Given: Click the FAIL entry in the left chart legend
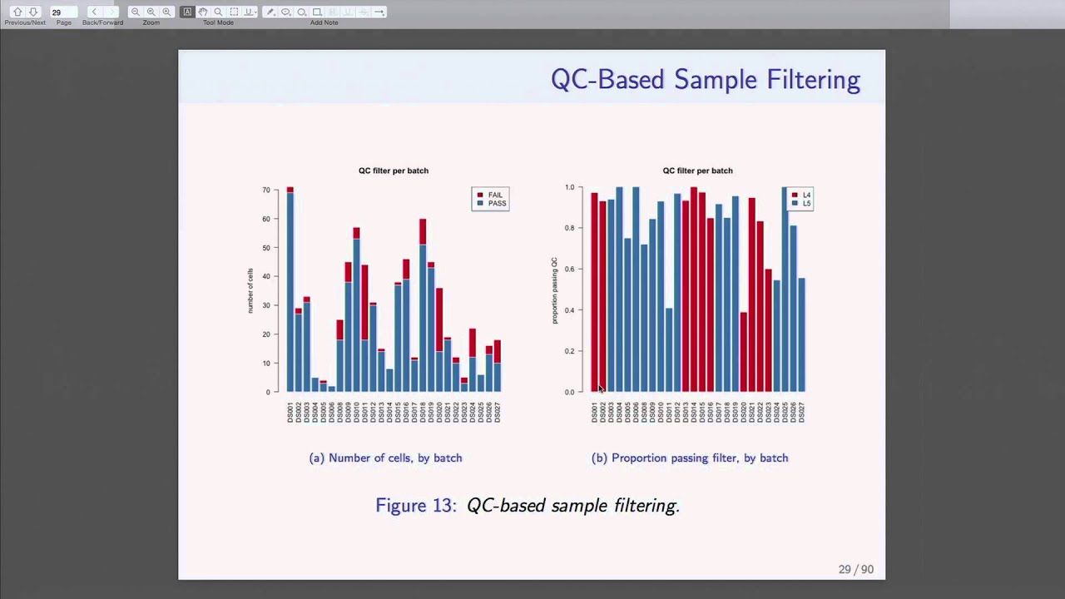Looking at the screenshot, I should point(495,195).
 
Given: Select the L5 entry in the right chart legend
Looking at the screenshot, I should point(806,204).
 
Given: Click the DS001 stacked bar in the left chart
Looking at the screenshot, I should point(290,291).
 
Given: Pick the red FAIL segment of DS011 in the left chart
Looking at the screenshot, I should point(365,302).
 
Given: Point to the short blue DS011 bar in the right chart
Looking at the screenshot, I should point(669,349).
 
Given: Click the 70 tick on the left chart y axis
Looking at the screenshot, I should point(266,191).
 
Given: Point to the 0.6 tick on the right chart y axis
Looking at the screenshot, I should point(570,269).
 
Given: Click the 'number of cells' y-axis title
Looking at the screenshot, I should point(250,290).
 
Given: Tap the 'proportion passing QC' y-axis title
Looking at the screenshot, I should point(555,290).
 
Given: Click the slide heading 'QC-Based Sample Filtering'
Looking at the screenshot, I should point(705,80).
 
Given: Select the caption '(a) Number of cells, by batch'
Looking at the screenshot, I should point(385,458).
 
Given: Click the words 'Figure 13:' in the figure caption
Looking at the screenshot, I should point(415,506).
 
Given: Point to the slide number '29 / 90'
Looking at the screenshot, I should point(855,570).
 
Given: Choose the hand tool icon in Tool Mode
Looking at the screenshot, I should point(202,12).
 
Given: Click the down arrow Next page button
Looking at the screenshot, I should point(33,12).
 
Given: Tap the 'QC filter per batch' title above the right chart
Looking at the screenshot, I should point(697,171).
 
